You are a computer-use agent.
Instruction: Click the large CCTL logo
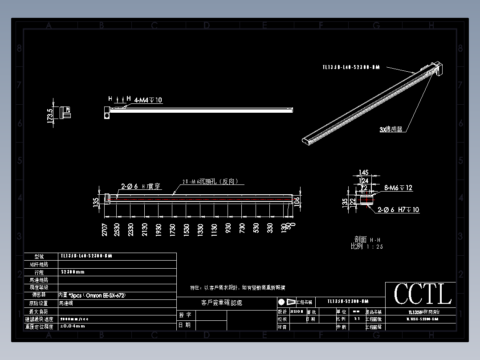[422, 294]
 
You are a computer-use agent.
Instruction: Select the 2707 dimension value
[104, 229]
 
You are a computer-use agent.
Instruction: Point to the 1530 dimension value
[187, 229]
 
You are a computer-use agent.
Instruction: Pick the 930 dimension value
[228, 229]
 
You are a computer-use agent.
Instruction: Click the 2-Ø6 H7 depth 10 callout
[398, 209]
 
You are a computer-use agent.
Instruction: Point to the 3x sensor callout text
[391, 129]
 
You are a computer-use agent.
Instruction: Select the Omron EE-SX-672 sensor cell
[89, 295]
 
